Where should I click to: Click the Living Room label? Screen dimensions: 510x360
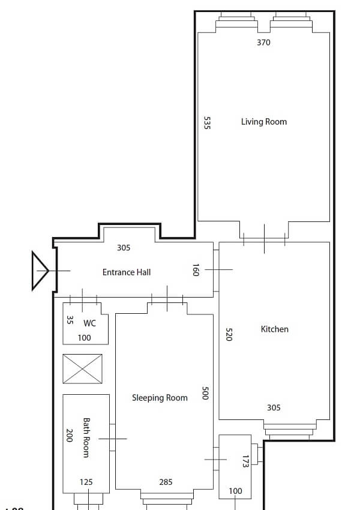click(x=264, y=122)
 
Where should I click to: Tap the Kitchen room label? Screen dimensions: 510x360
click(x=274, y=329)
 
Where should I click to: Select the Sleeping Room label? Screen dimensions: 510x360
click(x=160, y=398)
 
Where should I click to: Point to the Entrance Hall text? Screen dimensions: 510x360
click(x=127, y=272)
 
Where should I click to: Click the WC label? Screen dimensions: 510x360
click(x=89, y=323)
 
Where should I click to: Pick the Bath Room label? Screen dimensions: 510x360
click(x=86, y=438)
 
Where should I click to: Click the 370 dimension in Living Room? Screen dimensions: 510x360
click(x=263, y=43)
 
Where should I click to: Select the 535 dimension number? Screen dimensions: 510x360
click(x=207, y=123)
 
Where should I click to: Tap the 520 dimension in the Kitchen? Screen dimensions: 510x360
click(x=229, y=334)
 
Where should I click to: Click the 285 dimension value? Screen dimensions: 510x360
click(x=166, y=482)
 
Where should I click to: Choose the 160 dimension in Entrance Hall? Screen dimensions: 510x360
click(x=196, y=270)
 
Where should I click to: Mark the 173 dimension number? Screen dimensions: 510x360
click(x=245, y=461)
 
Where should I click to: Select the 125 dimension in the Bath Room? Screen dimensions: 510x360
click(x=86, y=482)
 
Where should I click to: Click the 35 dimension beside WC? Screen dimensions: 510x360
click(x=70, y=320)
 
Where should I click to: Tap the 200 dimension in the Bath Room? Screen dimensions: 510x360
click(x=69, y=436)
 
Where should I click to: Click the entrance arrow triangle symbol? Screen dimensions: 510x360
click(x=40, y=271)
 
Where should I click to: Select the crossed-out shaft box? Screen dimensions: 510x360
click(x=83, y=368)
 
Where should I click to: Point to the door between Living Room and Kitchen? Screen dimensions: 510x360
click(x=264, y=239)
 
